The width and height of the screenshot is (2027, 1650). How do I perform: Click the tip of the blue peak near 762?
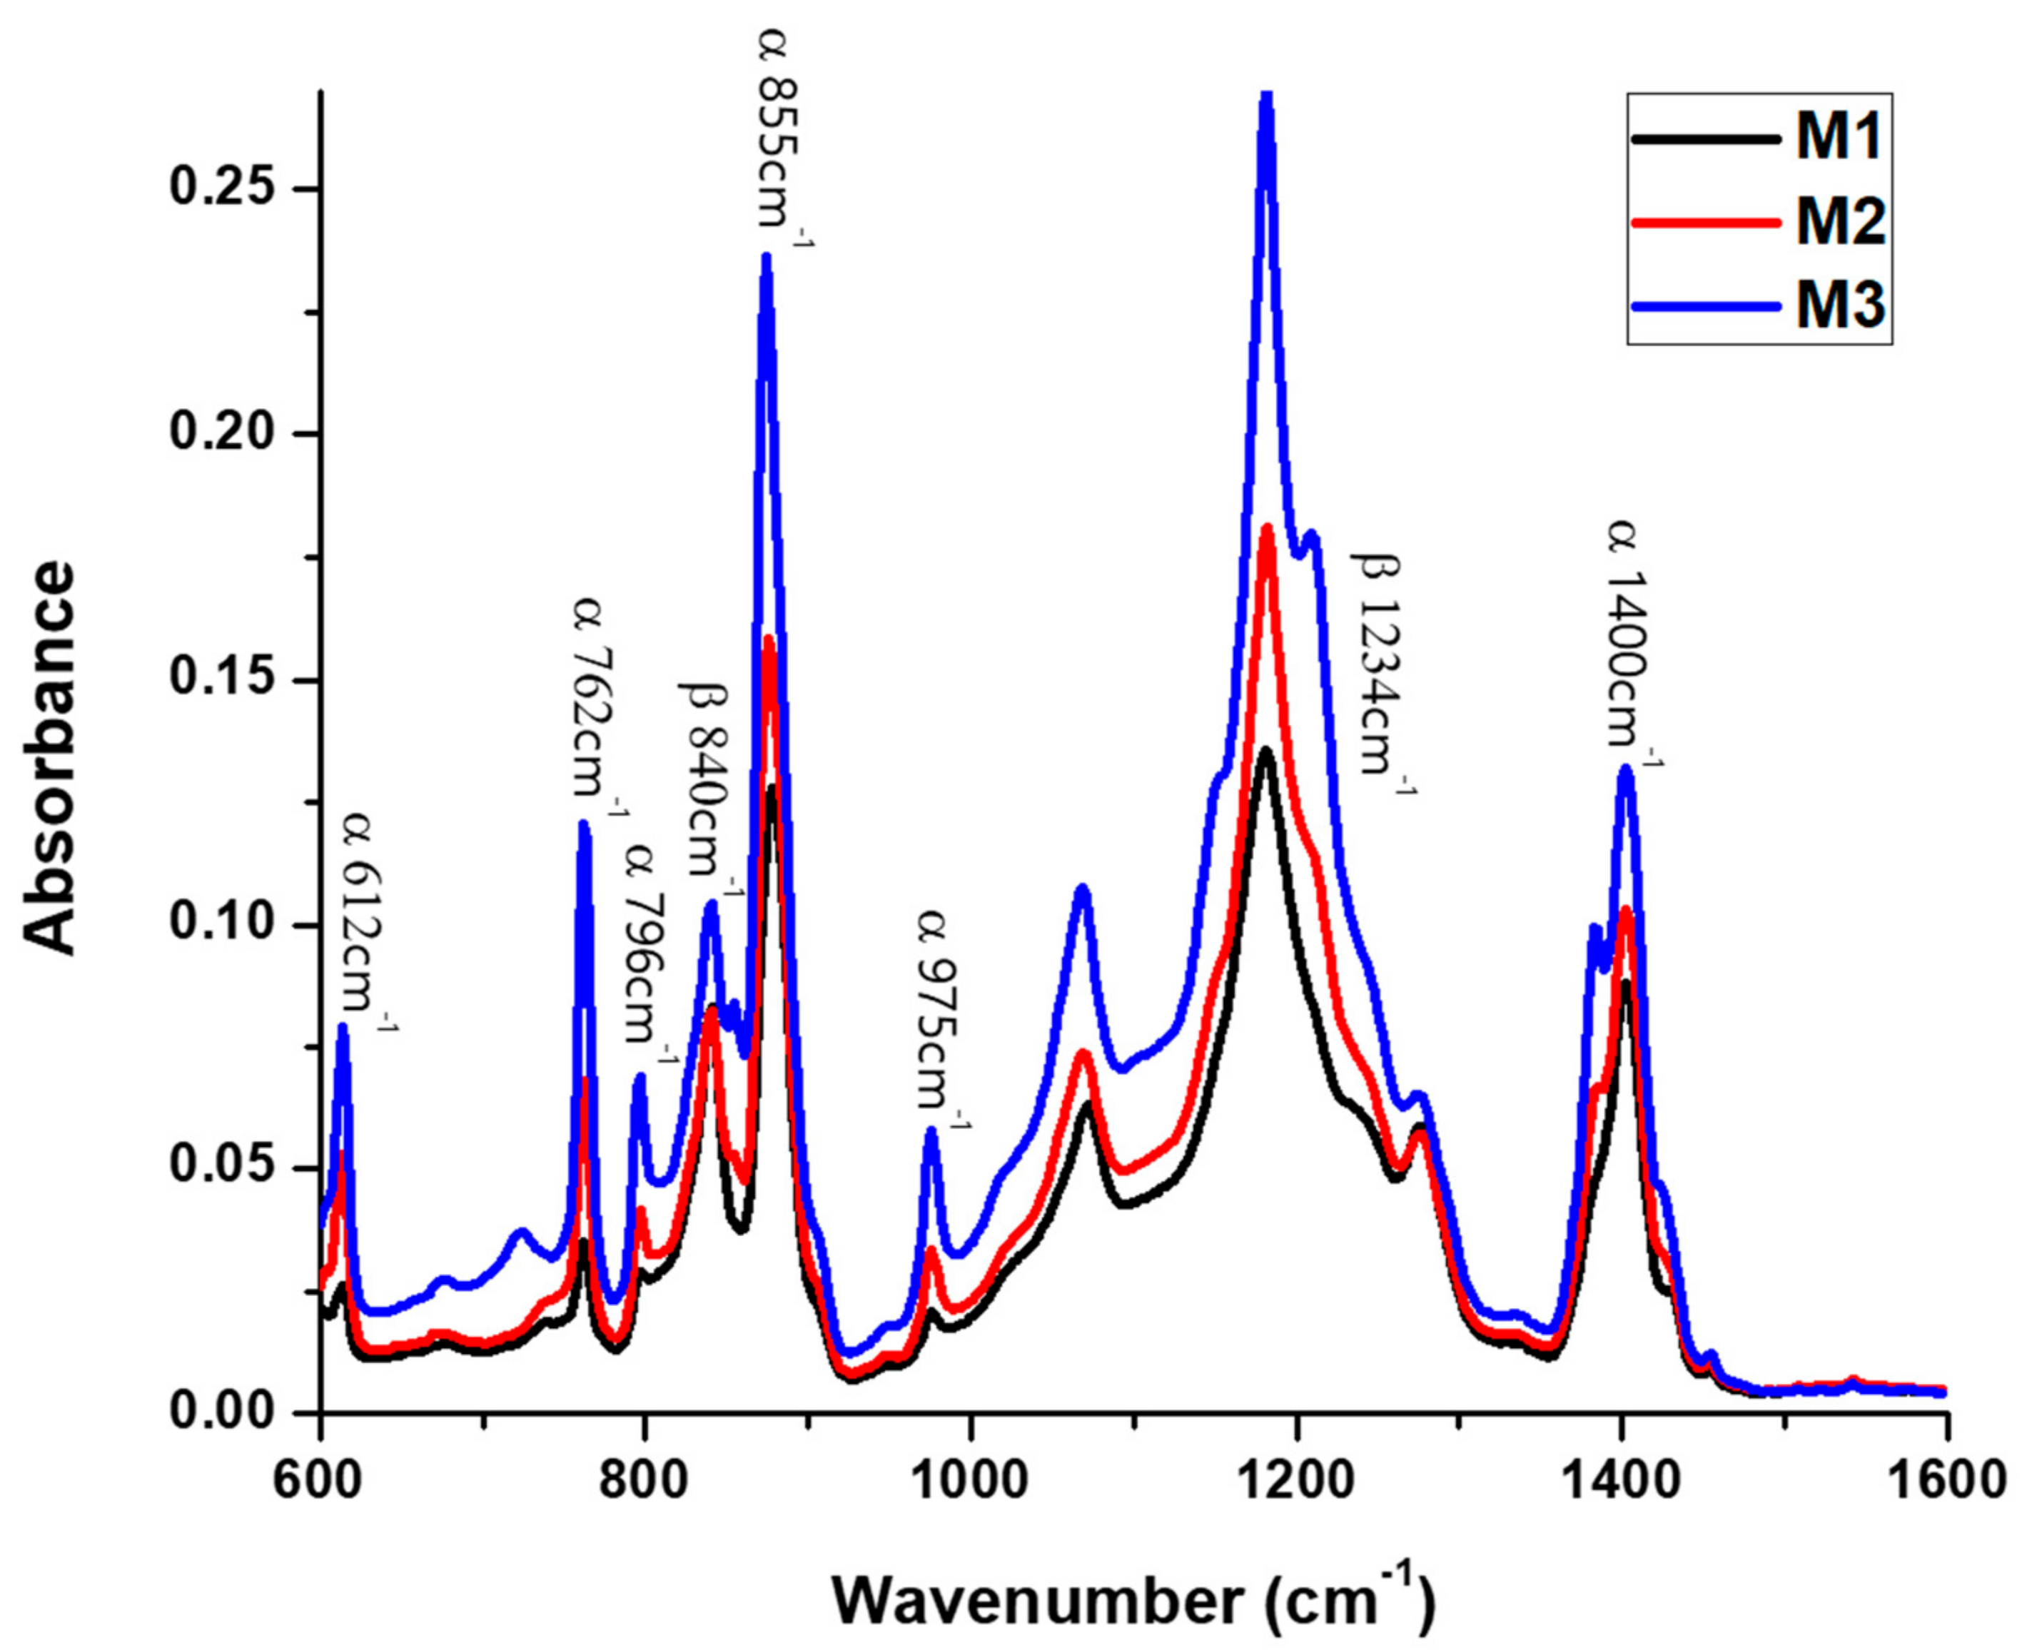tap(584, 823)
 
